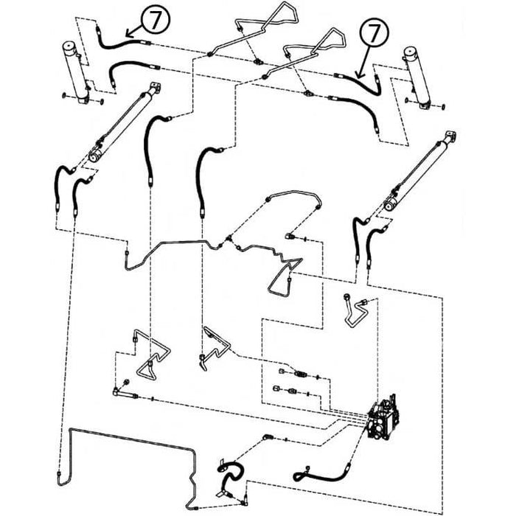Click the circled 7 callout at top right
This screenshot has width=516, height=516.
374,33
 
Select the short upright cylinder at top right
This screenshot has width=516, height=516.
418,78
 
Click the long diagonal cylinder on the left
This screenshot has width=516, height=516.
125,122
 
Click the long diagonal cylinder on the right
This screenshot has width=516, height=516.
420,171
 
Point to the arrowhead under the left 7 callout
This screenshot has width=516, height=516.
129,33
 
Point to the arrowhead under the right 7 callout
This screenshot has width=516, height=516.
360,75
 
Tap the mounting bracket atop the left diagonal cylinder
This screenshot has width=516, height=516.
156,88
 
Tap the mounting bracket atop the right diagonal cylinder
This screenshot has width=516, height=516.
450,137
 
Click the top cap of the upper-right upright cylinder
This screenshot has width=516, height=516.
410,52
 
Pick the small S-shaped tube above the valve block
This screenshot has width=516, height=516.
355,310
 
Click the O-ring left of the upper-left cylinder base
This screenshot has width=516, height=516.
63,96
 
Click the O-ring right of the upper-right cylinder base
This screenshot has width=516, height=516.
443,107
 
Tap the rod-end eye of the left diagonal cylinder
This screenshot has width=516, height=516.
95,157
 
